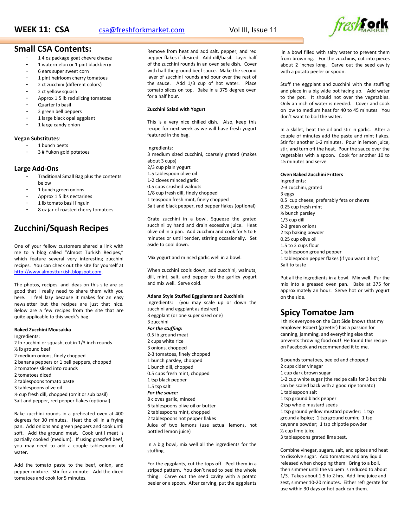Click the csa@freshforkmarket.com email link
point(142,30)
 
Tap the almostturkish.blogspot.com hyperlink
point(58,272)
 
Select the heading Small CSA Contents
point(53,49)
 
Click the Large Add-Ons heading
point(36,169)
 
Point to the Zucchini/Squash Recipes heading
point(61,228)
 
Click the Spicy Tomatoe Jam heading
point(317,312)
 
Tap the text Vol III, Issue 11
point(253,30)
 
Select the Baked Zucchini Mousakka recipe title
point(42,330)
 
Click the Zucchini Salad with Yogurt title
point(176,109)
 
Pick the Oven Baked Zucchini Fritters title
point(311,175)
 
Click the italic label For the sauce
point(163,393)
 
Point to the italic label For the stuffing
point(165,328)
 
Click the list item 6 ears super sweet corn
point(63,71)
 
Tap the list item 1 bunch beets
point(53,145)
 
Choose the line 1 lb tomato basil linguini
point(64,203)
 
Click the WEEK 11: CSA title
point(42,30)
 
